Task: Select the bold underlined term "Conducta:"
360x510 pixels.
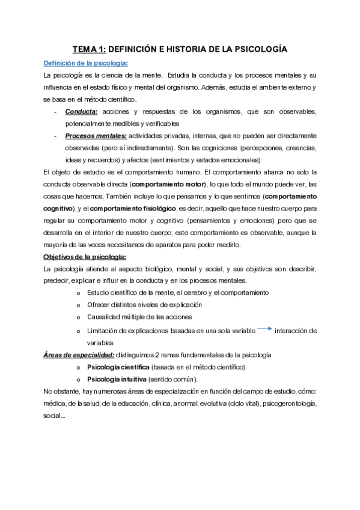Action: pos(82,112)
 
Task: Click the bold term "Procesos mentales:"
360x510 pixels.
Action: pos(96,136)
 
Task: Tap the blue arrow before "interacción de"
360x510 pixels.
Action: pos(264,329)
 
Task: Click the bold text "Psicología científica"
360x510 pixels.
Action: pos(118,367)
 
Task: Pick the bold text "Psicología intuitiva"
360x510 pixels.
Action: pos(116,379)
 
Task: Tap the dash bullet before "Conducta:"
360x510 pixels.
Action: pos(56,112)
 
